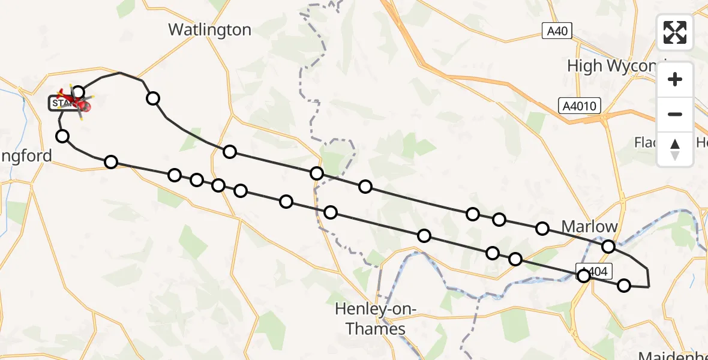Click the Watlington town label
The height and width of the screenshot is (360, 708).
pyautogui.click(x=209, y=29)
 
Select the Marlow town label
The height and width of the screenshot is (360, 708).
pyautogui.click(x=589, y=227)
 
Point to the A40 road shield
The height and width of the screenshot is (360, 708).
pyautogui.click(x=557, y=30)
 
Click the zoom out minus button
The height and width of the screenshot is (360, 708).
pyautogui.click(x=675, y=114)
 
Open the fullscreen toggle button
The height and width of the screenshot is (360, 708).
pyautogui.click(x=675, y=32)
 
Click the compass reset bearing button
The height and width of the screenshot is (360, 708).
pyautogui.click(x=675, y=149)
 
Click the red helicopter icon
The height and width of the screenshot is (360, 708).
pyautogui.click(x=75, y=102)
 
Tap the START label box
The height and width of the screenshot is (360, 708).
pyautogui.click(x=60, y=103)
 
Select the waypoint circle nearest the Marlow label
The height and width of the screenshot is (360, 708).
pyautogui.click(x=608, y=247)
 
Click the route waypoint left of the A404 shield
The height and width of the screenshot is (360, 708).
pyautogui.click(x=583, y=276)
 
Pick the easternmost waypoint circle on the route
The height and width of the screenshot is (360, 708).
pyautogui.click(x=624, y=286)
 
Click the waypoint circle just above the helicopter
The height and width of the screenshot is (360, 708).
pyautogui.click(x=78, y=92)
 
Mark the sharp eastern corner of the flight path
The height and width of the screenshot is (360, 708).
pyautogui.click(x=649, y=287)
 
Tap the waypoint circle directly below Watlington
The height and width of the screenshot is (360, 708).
pyautogui.click(x=230, y=152)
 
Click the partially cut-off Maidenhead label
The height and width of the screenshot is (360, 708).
pyautogui.click(x=672, y=354)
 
